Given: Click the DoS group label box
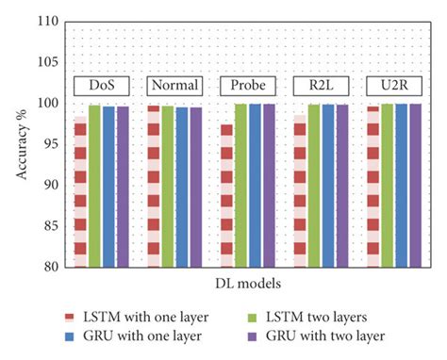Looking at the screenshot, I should [102, 86].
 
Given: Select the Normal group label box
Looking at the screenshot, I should [174, 86].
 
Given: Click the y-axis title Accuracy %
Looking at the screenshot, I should [21, 143].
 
